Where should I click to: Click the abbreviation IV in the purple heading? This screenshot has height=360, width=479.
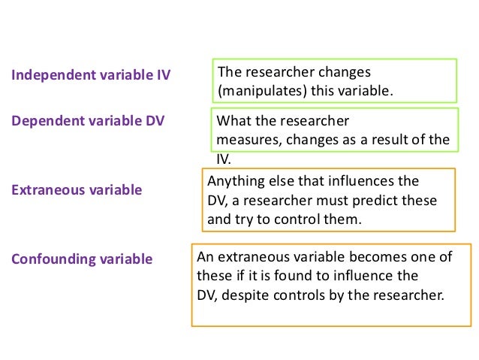[161, 75]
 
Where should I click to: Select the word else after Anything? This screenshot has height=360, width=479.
[273, 181]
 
